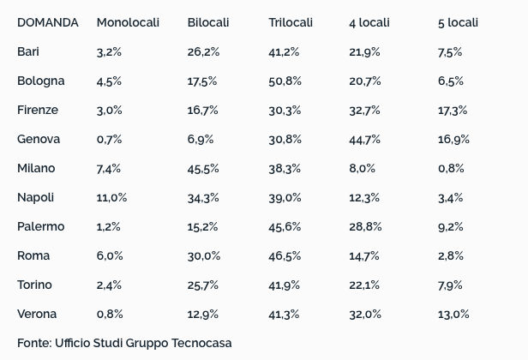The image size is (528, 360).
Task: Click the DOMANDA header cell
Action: (x=47, y=22)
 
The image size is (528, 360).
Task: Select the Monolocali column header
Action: (x=128, y=22)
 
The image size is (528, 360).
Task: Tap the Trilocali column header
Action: (x=291, y=22)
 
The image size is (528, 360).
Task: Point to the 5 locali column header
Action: (x=458, y=22)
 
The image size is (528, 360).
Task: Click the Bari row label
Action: (x=28, y=51)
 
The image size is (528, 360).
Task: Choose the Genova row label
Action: (x=39, y=139)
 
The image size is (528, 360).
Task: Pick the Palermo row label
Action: (x=40, y=226)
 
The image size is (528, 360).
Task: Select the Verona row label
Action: (x=37, y=314)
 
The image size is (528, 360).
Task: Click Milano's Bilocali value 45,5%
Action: (x=203, y=168)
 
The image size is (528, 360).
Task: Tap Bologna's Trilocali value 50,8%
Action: (x=285, y=81)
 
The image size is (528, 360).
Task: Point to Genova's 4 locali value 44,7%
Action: (x=364, y=139)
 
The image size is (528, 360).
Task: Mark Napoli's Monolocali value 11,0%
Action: (x=111, y=197)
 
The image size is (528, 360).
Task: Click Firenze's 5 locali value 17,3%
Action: (x=453, y=110)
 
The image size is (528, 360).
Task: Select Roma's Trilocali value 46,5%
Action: (x=285, y=255)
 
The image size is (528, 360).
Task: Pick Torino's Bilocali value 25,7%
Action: (x=203, y=285)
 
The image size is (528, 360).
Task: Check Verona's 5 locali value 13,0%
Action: (x=453, y=314)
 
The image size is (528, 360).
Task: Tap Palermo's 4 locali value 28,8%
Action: (x=364, y=226)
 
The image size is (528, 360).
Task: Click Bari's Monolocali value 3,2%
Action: (x=109, y=51)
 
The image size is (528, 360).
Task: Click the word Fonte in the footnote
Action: (x=34, y=343)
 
